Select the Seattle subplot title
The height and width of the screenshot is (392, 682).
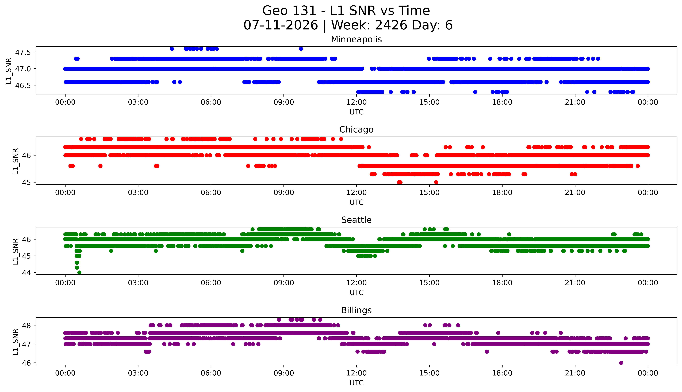click(356, 220)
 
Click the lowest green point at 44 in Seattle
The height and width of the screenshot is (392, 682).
click(79, 272)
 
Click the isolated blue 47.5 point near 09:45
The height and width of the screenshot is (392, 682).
click(301, 49)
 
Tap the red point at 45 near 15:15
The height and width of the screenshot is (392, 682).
click(436, 182)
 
